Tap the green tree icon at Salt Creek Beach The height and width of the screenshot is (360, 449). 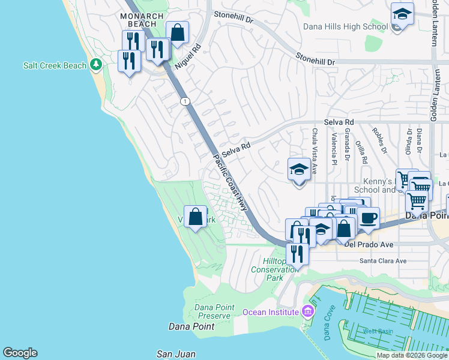(95, 64)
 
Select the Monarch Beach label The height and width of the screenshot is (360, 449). (141, 20)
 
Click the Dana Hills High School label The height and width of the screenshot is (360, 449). (345, 26)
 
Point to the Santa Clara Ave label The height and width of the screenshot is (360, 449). (382, 260)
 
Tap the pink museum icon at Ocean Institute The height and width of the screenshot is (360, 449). (308, 311)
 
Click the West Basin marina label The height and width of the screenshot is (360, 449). (378, 331)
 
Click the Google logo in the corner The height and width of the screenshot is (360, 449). (20, 353)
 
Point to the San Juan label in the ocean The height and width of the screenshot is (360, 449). (176, 354)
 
